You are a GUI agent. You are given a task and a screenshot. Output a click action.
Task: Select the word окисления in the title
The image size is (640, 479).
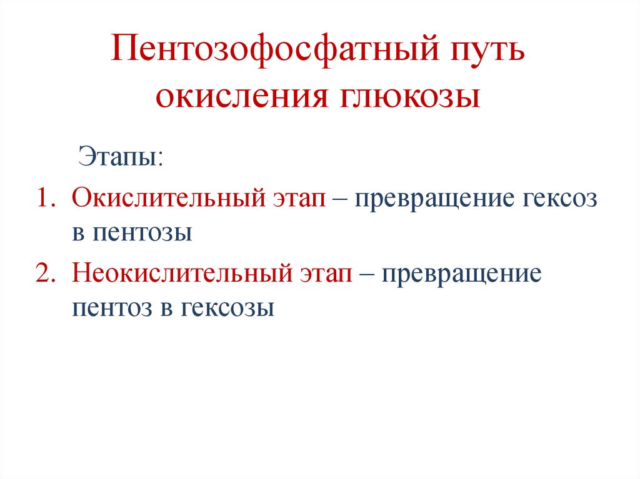point(234,97)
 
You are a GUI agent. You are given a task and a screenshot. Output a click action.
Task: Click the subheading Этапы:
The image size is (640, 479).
point(120,156)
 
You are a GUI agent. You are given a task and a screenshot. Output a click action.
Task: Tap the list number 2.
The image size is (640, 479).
point(46,274)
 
